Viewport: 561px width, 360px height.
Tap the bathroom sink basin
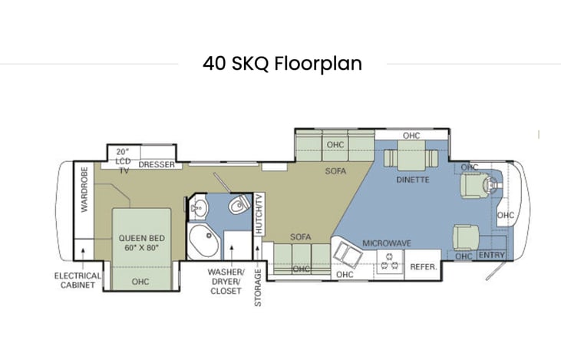tap(199, 207)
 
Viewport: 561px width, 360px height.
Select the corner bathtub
tap(203, 241)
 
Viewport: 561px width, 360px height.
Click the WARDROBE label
tap(84, 190)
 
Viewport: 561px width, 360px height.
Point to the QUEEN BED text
tap(142, 238)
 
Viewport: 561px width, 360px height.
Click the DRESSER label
tap(157, 164)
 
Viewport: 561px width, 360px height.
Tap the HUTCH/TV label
tap(259, 213)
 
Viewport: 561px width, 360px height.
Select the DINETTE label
tap(413, 180)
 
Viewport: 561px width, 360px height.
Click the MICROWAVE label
tap(387, 243)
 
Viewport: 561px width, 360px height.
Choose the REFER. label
tap(424, 267)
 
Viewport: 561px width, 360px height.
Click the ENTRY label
tap(492, 255)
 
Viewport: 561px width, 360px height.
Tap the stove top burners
tap(390, 261)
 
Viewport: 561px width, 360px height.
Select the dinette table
tap(411, 156)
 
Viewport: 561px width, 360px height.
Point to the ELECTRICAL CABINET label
tap(78, 281)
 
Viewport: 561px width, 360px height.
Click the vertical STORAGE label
tap(258, 288)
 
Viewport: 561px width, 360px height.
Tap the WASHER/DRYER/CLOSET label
tap(226, 282)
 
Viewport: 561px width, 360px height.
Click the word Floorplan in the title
tap(318, 64)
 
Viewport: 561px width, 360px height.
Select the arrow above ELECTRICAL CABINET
tap(83, 259)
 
